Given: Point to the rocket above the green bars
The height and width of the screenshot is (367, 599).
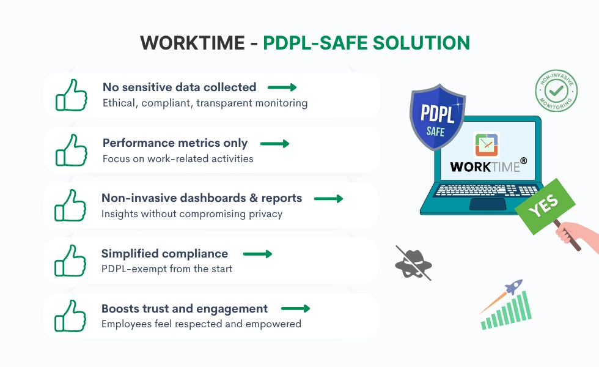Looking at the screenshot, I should pyautogui.click(x=513, y=287).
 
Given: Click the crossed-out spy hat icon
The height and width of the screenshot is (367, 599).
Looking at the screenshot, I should pyautogui.click(x=413, y=262).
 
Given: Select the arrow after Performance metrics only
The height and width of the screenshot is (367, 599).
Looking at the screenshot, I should pyautogui.click(x=274, y=144).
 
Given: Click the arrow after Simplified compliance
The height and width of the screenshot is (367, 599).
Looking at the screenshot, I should pyautogui.click(x=257, y=254).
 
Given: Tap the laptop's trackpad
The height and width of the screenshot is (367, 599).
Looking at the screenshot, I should pyautogui.click(x=487, y=204).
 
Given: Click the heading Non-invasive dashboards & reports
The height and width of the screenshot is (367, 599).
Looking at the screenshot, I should pyautogui.click(x=202, y=198).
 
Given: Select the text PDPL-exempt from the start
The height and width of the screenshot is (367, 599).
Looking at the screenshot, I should pyautogui.click(x=167, y=269).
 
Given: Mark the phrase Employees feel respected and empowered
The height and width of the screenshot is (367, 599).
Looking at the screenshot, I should pyautogui.click(x=201, y=324).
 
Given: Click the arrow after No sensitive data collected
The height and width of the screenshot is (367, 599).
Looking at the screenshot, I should pyautogui.click(x=282, y=87).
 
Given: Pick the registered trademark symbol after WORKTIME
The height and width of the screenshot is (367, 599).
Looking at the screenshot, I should pyautogui.click(x=523, y=161).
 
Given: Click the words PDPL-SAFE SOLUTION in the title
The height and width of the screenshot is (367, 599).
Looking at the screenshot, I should pyautogui.click(x=367, y=43).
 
